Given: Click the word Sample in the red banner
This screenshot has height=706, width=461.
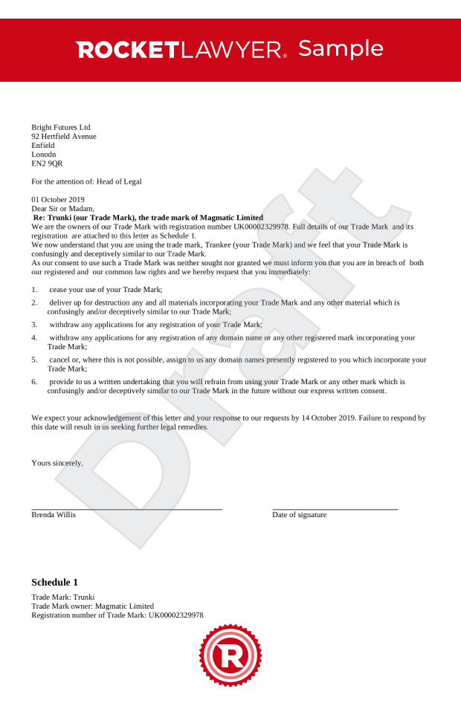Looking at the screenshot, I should tap(341, 48).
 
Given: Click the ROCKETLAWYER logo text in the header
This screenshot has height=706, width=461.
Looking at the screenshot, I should tap(181, 50).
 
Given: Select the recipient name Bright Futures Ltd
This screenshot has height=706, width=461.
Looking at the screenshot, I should tap(61, 127).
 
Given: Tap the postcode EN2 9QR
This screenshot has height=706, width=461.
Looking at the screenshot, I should tap(47, 163).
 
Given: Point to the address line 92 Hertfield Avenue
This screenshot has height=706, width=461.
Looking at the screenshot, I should tap(64, 136).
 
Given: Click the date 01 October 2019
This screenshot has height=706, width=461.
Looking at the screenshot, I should tap(58, 199).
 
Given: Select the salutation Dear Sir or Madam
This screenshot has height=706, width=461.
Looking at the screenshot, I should tap(63, 209).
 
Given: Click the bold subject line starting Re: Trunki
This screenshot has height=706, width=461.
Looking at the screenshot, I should tap(148, 218).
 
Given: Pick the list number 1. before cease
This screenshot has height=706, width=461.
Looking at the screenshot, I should tap(34, 289).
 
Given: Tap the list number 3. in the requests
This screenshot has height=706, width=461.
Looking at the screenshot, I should tap(34, 325).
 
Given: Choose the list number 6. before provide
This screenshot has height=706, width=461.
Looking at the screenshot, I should tap(34, 381).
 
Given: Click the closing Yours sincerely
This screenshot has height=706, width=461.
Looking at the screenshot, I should tap(57, 463).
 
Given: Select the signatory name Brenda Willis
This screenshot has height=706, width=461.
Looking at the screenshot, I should tap(54, 514).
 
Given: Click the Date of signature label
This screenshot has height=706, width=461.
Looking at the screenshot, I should tap(300, 514).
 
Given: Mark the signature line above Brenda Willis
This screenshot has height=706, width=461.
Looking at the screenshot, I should tap(126, 509).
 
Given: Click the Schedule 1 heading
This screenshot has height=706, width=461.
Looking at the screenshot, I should tap(54, 582).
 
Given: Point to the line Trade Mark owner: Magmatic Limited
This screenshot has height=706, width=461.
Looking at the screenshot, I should tap(93, 606).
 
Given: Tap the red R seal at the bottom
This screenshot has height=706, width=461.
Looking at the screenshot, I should tap(230, 655).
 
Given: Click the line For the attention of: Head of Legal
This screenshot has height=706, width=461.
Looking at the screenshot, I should tap(86, 181).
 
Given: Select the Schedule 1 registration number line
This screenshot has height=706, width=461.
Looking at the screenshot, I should tap(117, 615).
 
